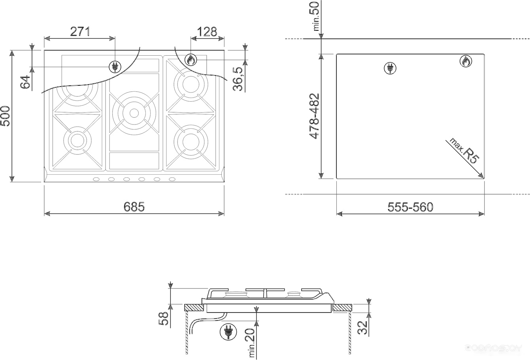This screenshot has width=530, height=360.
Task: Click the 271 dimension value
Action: click(80, 32)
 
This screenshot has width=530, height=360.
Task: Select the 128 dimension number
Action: click(207, 32)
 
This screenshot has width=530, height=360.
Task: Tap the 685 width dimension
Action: click(134, 207)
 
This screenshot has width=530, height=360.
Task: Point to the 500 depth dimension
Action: click(6, 116)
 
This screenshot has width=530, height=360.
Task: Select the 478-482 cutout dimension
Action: click(315, 116)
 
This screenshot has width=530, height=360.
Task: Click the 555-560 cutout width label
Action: click(410, 207)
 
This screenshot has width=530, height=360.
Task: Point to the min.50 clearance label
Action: click(316, 16)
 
